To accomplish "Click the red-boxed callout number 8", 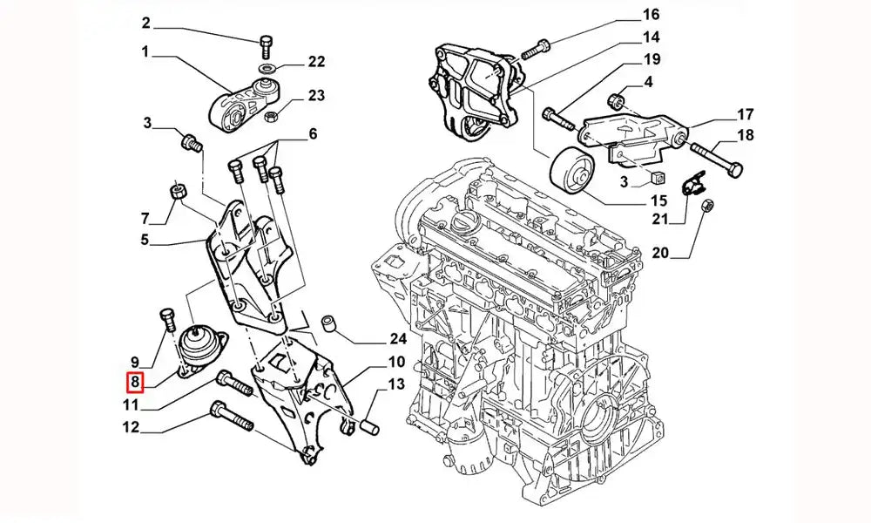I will (x=135, y=382).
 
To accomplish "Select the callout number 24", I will (x=398, y=338).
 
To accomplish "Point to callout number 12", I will (x=131, y=427).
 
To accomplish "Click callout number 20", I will (x=659, y=254).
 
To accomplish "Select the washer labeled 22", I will (x=266, y=68).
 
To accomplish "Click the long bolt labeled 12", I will (x=232, y=417).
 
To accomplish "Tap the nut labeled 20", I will (x=708, y=205).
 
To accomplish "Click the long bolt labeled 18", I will (x=719, y=159).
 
